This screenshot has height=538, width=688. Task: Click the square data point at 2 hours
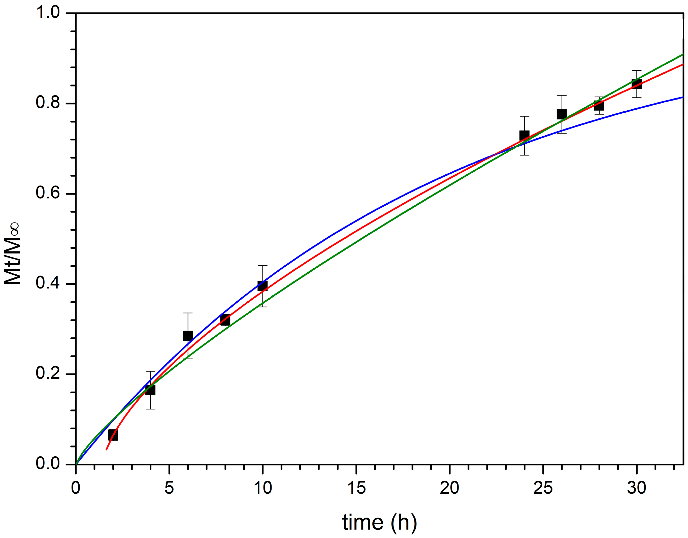click(x=113, y=435)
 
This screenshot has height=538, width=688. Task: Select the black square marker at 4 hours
click(x=150, y=390)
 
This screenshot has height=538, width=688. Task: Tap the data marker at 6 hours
click(x=188, y=336)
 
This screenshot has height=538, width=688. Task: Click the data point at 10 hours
click(x=263, y=286)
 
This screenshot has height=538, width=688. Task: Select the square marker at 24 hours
click(x=524, y=136)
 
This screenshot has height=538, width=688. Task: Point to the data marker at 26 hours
click(x=562, y=114)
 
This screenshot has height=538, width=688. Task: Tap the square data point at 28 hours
click(x=599, y=105)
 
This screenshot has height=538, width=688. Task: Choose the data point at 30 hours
click(x=636, y=84)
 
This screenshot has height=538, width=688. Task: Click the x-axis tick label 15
click(x=356, y=488)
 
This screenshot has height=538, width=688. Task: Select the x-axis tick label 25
click(x=543, y=488)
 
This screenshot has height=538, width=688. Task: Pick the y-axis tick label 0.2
click(x=48, y=373)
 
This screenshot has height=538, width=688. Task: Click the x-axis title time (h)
click(x=380, y=523)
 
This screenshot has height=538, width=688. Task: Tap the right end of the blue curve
click(x=682, y=97)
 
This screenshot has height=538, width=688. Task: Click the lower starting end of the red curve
click(x=107, y=450)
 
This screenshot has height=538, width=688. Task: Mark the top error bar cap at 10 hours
click(x=263, y=266)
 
